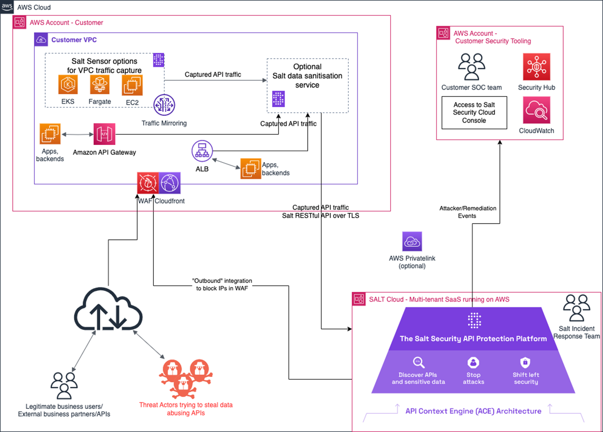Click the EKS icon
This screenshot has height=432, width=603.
[68, 85]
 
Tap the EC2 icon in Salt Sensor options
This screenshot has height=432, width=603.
[132, 85]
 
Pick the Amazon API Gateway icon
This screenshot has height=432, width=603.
[104, 134]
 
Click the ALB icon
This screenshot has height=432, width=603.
[201, 153]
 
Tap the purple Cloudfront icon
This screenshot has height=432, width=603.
[170, 184]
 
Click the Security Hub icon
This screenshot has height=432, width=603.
[536, 67]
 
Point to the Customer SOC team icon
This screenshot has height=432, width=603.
[471, 67]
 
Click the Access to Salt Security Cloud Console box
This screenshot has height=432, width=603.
[474, 113]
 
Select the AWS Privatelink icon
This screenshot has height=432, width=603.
[412, 242]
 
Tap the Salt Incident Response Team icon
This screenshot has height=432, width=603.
[576, 308]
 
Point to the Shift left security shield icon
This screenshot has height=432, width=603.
[525, 363]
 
